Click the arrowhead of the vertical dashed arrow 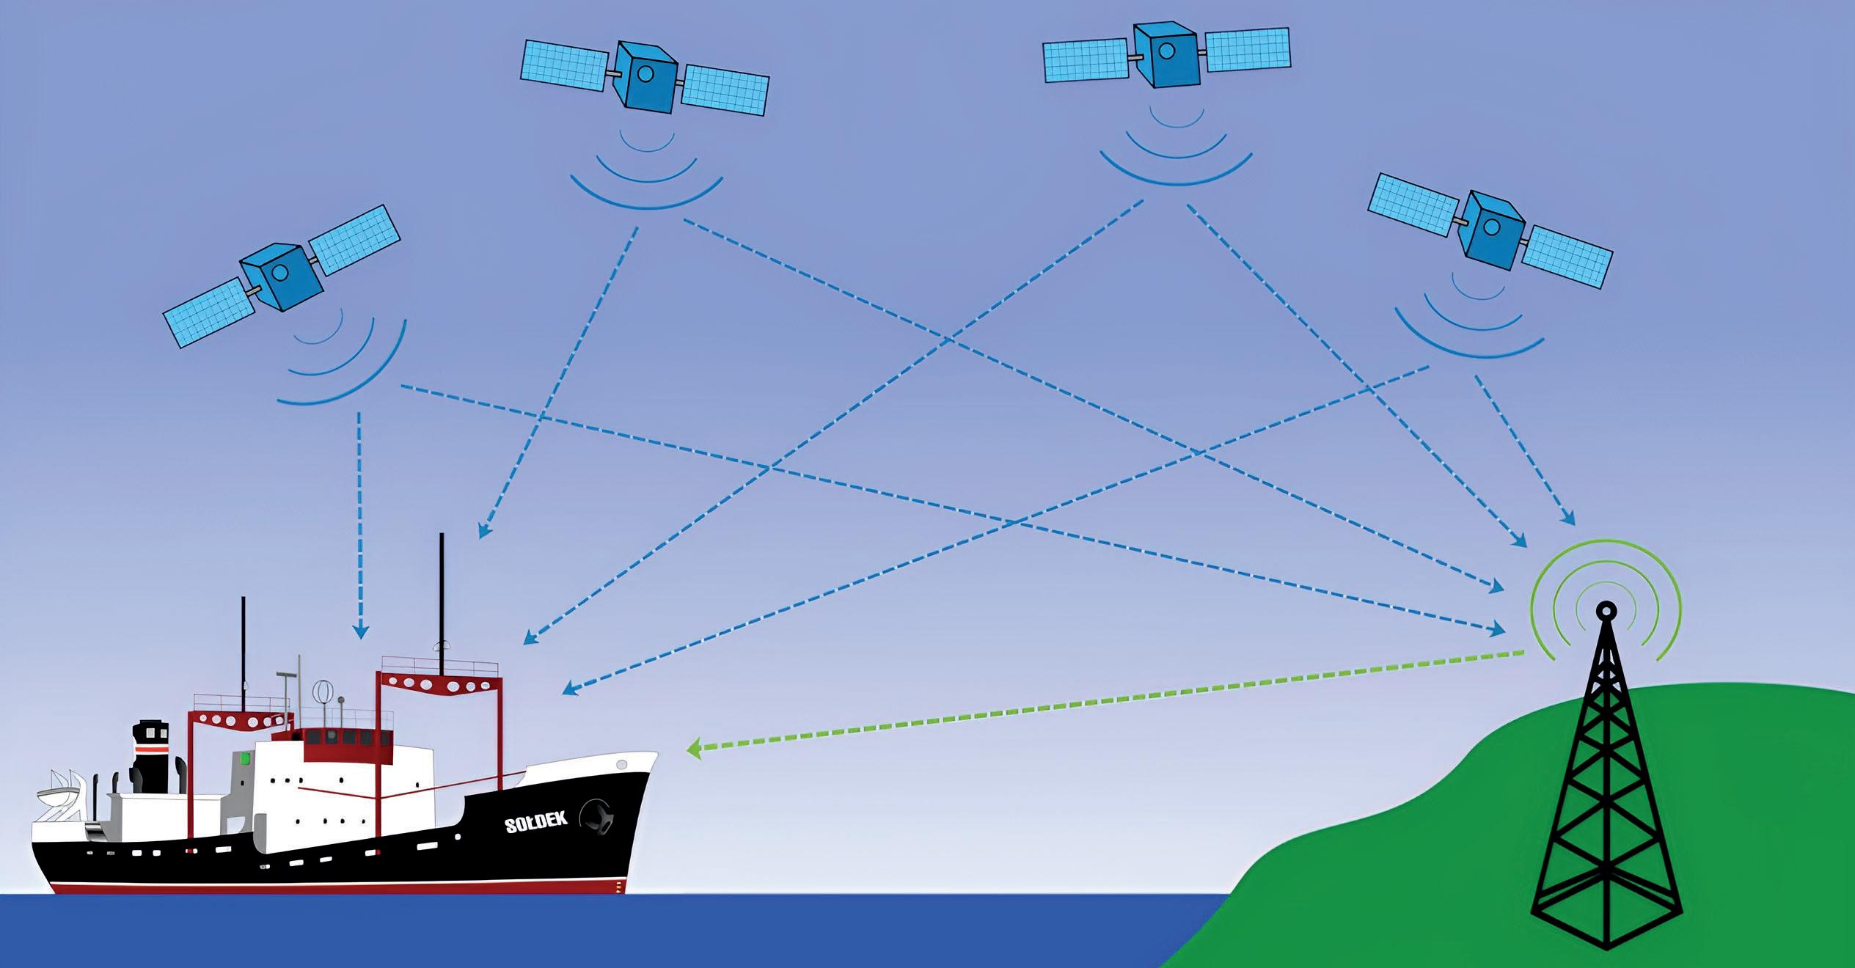click(x=360, y=630)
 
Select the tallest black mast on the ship click(x=442, y=601)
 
